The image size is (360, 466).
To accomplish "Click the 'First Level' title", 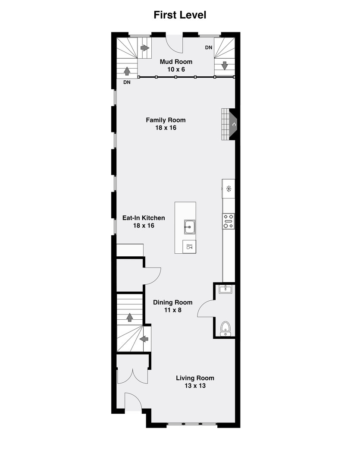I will pos(180,15).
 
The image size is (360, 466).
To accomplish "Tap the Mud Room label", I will pos(176,62).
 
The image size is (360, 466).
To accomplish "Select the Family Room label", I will pos(166,120).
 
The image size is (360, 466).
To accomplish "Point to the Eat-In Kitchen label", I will pos(144,218).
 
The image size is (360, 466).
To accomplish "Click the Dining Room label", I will pos(172,302).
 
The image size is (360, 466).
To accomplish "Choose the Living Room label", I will pos(195,378).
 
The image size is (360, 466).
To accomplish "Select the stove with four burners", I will pos(229,221).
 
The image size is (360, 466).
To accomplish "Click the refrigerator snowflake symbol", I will pos(229,188).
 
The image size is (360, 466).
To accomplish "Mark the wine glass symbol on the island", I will pos(189,247).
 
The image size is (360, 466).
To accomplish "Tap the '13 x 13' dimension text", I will pos(195,386).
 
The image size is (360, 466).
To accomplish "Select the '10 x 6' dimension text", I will pos(176,69).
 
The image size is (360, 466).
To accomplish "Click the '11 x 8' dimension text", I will pos(172,309).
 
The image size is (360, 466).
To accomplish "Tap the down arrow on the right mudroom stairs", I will pos(225,66).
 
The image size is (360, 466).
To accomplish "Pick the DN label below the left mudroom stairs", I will pos(127,82).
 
